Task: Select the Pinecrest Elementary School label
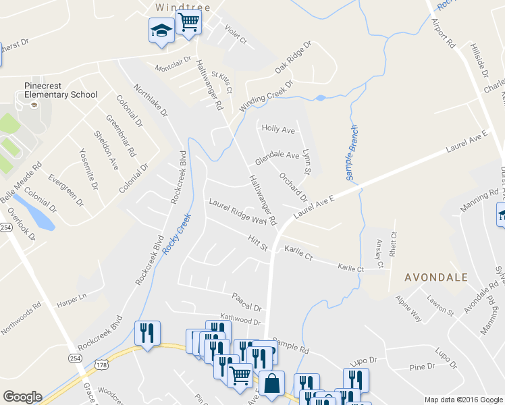click(x=61, y=90)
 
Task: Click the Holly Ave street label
click(x=278, y=128)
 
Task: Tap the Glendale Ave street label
click(x=277, y=159)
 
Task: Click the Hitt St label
click(x=258, y=244)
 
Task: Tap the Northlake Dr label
click(x=150, y=101)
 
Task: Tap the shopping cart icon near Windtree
click(x=188, y=22)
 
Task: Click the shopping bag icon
click(x=271, y=383)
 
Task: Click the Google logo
click(x=22, y=397)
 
